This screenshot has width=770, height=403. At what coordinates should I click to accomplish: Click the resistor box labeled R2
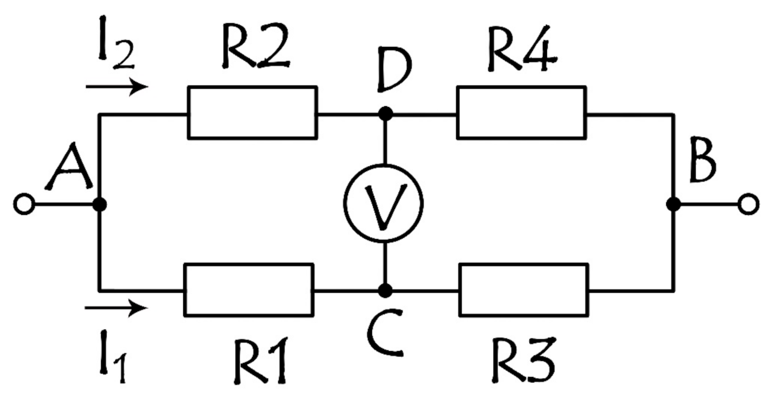click(252, 112)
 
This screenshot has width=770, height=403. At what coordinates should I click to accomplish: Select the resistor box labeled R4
click(521, 112)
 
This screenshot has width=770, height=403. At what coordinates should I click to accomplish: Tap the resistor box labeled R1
click(249, 290)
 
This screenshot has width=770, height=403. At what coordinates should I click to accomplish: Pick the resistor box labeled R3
click(523, 290)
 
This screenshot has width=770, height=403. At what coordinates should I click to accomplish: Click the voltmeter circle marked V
click(384, 203)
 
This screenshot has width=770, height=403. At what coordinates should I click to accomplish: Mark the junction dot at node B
click(673, 204)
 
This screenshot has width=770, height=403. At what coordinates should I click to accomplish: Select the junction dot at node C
click(385, 290)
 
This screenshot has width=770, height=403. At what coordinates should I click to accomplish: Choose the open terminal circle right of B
click(748, 205)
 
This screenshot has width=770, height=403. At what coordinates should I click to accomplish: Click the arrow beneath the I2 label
click(116, 87)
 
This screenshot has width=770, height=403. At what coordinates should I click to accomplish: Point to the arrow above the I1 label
click(116, 308)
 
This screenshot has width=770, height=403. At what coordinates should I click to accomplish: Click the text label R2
click(256, 49)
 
